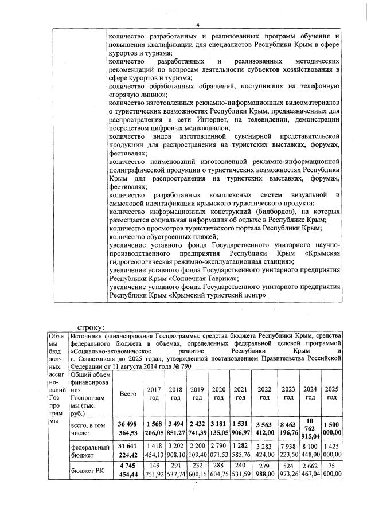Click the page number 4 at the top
point(197,25)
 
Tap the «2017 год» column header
point(154,394)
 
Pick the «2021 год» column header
point(241,394)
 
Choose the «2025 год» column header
point(331,394)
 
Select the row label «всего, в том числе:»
point(85,429)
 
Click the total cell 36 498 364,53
point(127,428)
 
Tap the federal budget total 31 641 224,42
point(127,452)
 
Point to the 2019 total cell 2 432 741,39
point(197,428)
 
